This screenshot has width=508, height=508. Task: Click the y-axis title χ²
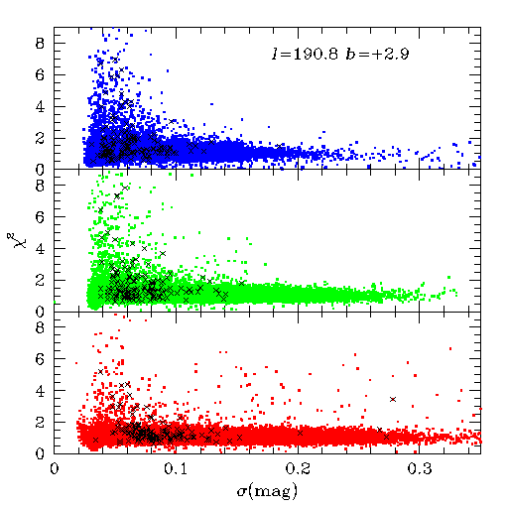point(12,240)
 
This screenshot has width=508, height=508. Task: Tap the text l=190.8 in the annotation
point(305,54)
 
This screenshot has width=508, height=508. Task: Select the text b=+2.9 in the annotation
point(377,54)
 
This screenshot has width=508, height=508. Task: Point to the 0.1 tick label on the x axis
point(176,469)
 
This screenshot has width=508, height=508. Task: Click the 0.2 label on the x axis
point(298,469)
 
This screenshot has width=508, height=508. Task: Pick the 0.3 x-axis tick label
point(420,469)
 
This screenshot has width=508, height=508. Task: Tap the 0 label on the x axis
point(55,469)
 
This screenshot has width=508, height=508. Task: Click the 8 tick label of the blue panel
point(40,43)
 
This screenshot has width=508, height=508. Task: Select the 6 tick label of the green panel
point(40,217)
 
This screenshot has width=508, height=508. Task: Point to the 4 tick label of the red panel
point(40,391)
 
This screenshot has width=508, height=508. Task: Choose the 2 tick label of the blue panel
point(40,138)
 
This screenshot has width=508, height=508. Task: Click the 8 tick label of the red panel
point(40,327)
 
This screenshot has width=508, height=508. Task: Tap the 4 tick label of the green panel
point(40,249)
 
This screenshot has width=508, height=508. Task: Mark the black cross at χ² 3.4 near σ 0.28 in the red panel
point(393,400)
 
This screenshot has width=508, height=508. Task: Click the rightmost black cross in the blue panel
point(280,146)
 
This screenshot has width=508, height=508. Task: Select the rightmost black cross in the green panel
point(242,283)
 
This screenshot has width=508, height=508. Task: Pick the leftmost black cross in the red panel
point(96,440)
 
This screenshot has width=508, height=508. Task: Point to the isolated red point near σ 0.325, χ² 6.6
point(450,348)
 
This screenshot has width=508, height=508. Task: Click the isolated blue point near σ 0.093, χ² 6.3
point(168,70)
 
